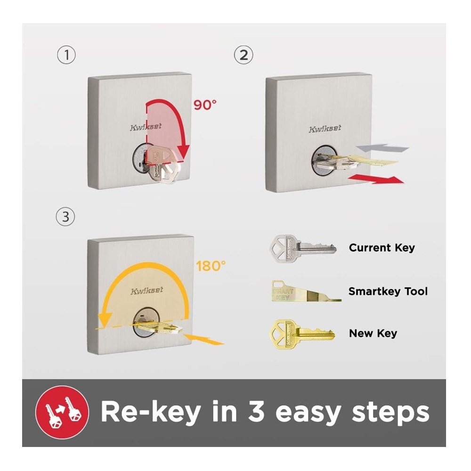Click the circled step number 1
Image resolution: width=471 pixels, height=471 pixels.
[66, 55]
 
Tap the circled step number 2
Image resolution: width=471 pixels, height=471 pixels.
[244, 55]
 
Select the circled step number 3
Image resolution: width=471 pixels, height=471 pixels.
[65, 217]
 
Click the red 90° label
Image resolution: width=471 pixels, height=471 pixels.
[205, 105]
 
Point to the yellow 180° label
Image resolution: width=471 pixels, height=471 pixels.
[211, 266]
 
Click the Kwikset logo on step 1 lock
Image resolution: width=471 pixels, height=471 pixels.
[146, 127]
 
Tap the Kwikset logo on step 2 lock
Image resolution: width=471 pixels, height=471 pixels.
[325, 129]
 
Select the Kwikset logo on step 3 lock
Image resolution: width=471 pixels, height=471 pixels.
[147, 291]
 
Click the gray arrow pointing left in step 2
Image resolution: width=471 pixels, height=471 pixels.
[382, 148]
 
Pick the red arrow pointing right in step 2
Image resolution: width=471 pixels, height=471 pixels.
[376, 179]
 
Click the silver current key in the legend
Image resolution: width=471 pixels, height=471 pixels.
[303, 249]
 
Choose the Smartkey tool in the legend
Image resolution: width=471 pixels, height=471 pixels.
[306, 291]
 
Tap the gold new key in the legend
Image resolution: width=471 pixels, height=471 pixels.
[303, 334]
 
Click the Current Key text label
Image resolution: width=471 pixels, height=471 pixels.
[382, 248]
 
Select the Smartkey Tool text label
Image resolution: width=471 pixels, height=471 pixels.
[388, 291]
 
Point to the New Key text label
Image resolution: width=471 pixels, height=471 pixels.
[373, 333]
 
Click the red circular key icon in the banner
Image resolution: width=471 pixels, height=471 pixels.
[62, 412]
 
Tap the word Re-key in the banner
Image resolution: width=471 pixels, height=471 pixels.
[151, 412]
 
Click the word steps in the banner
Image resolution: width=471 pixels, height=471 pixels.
[390, 412]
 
